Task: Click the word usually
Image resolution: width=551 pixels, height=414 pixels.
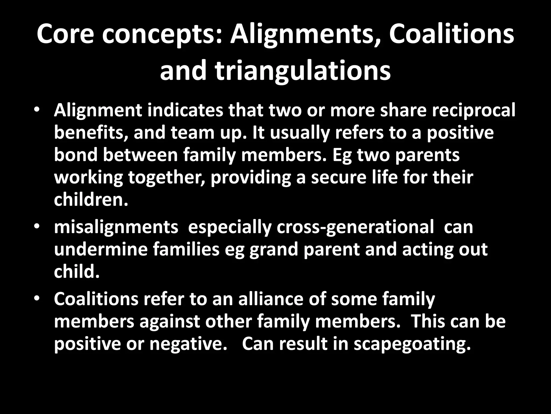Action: pyautogui.click(x=299, y=133)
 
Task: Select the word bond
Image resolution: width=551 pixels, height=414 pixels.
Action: pyautogui.click(x=75, y=155)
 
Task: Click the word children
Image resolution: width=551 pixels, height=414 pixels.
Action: pyautogui.click(x=91, y=200)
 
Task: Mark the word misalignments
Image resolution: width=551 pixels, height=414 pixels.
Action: pyautogui.click(x=116, y=227)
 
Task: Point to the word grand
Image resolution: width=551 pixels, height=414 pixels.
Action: pyautogui.click(x=274, y=250)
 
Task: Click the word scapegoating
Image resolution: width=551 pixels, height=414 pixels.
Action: pyautogui.click(x=412, y=344)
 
